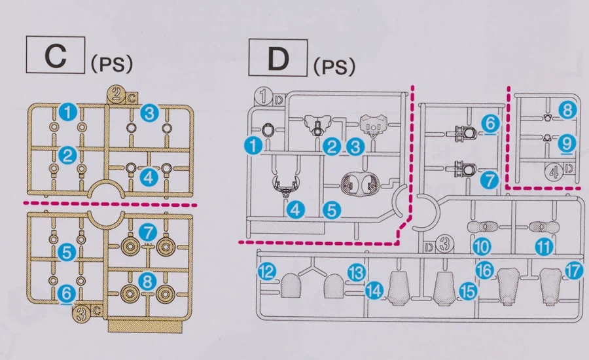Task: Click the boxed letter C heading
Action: [x=56, y=56]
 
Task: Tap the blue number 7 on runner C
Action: [x=148, y=231]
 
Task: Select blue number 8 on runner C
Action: [x=147, y=281]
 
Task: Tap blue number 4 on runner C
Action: [x=149, y=177]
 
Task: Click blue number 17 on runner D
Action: [x=574, y=271]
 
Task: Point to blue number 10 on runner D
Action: [x=482, y=247]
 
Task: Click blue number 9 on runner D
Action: [x=567, y=142]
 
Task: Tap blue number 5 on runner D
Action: [x=332, y=210]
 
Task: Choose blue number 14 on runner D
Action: [x=374, y=291]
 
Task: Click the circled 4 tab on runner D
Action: [x=554, y=173]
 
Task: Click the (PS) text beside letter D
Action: [x=334, y=65]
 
